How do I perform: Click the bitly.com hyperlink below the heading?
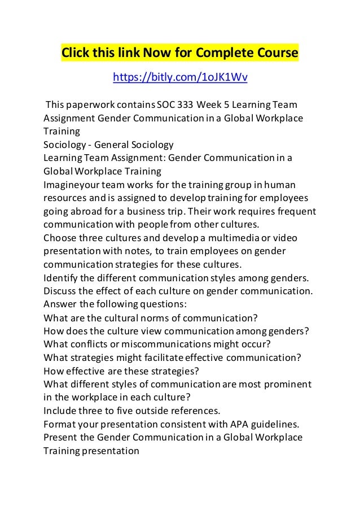[x=180, y=77]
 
